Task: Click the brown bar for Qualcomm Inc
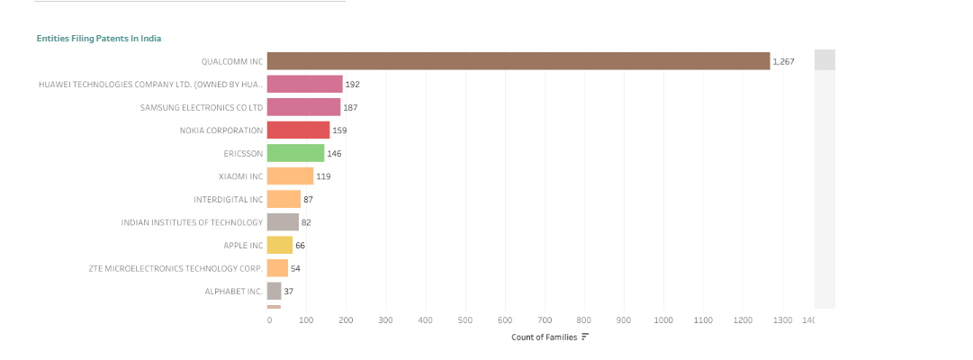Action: tap(518, 61)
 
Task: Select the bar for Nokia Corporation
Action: tap(298, 130)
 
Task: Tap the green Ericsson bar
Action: tap(295, 153)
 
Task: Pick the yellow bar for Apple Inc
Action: tap(280, 245)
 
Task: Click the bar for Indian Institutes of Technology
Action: tap(283, 222)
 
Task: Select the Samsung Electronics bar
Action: tap(303, 107)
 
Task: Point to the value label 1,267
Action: tap(783, 61)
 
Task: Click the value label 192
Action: tap(353, 85)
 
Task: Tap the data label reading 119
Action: tap(323, 176)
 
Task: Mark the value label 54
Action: tap(295, 268)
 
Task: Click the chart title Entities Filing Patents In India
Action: tap(99, 39)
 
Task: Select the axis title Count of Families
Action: tap(544, 337)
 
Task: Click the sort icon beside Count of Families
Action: tap(585, 337)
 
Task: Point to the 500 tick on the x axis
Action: tap(465, 320)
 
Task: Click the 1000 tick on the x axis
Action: tap(663, 320)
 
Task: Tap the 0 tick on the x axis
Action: tap(269, 320)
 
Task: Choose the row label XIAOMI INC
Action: tap(240, 176)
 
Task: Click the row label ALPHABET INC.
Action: tap(233, 292)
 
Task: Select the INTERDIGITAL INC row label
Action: tap(228, 199)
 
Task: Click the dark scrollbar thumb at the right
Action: tap(824, 59)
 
